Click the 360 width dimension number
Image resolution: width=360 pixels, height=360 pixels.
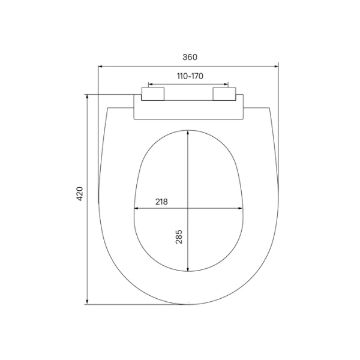pyautogui.click(x=189, y=57)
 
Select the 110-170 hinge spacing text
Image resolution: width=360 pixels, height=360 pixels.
pyautogui.click(x=189, y=76)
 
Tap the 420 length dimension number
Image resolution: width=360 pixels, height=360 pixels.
pyautogui.click(x=80, y=193)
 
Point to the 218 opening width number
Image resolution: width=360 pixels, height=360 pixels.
pyautogui.click(x=161, y=202)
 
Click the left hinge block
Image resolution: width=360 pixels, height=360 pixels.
pyautogui.click(x=152, y=94)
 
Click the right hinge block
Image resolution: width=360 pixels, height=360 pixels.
pyautogui.click(x=225, y=94)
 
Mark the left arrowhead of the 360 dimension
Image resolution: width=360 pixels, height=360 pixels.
pyautogui.click(x=101, y=66)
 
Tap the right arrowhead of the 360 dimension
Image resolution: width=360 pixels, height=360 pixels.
pyautogui.click(x=277, y=66)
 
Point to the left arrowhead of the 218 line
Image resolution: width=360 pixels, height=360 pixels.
pyautogui.click(x=136, y=209)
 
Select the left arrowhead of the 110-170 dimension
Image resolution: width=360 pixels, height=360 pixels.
pyautogui.click(x=150, y=85)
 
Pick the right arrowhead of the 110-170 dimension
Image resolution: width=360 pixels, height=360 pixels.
pyautogui.click(x=227, y=85)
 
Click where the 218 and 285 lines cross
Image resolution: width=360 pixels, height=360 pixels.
pyautogui.click(x=188, y=209)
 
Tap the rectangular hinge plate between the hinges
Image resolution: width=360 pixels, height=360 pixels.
pyautogui.click(x=188, y=109)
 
